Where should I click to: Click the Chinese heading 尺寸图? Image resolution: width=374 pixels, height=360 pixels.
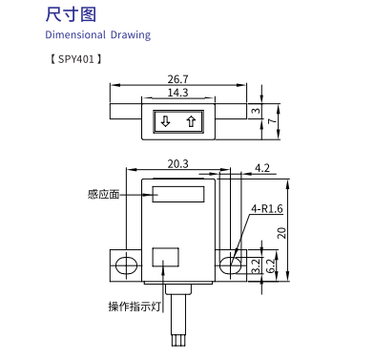[x=71, y=15]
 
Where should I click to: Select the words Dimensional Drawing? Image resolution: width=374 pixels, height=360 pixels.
[x=98, y=34]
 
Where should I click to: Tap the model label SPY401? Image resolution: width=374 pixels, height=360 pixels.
[x=76, y=59]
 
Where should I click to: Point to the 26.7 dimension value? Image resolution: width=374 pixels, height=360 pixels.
[x=177, y=79]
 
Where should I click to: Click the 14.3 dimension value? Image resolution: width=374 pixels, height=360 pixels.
[x=177, y=93]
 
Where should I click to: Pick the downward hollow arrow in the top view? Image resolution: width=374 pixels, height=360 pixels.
[x=165, y=121]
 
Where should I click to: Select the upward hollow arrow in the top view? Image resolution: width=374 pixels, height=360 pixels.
[x=191, y=121]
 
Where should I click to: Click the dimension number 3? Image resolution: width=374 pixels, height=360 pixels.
[x=256, y=111]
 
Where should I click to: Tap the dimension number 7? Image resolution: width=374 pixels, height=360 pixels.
[x=271, y=121]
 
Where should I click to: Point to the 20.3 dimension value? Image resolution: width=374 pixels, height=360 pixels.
[x=177, y=164]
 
